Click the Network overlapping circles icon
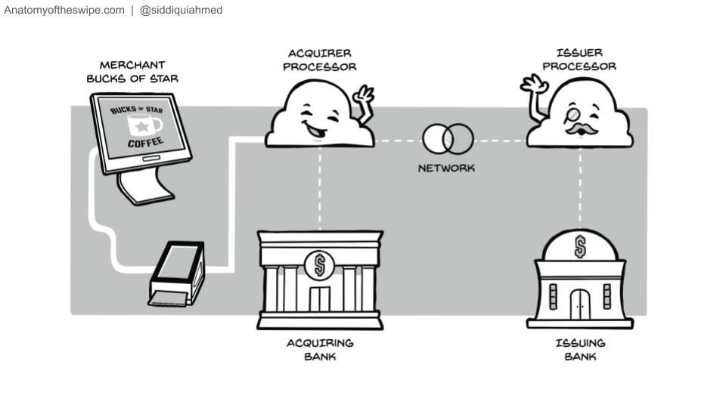click(x=448, y=139)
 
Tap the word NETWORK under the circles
click(x=447, y=168)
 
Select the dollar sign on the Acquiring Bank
click(x=319, y=265)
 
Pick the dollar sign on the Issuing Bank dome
click(x=580, y=246)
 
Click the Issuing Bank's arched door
click(x=580, y=304)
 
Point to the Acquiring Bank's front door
click(x=319, y=298)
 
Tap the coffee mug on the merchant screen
click(x=144, y=125)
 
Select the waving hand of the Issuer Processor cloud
click(x=535, y=85)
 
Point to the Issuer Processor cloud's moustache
click(x=581, y=130)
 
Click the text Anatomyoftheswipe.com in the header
click(x=64, y=11)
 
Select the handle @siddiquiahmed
click(x=181, y=11)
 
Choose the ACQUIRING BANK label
click(x=320, y=350)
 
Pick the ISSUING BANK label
click(x=580, y=350)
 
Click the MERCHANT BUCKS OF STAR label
click(x=132, y=72)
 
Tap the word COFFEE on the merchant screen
click(x=145, y=143)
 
